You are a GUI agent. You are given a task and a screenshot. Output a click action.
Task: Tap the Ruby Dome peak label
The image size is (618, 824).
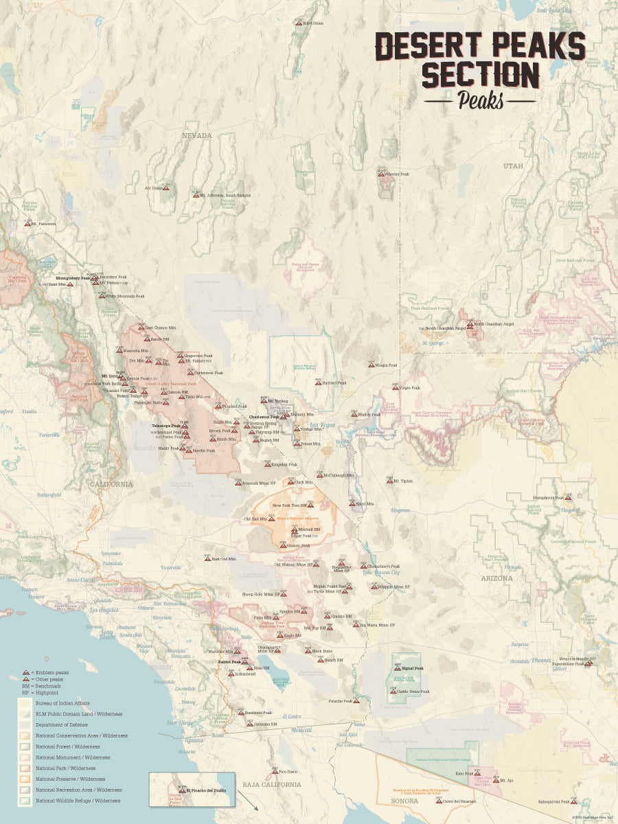coord(312,23)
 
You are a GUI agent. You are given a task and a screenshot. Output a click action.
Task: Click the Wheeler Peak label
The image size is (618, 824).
coord(397,174)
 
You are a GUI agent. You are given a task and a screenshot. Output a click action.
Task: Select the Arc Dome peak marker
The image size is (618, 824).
coord(165,187)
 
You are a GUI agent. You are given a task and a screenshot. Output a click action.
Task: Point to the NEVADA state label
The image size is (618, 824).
coord(196,136)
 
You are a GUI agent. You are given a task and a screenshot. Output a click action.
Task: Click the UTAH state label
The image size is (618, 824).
coord(512,166)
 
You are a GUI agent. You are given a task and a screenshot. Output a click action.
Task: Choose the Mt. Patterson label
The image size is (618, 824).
coord(43,224)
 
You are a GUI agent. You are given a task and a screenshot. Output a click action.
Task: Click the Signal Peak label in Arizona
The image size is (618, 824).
coord(413,668)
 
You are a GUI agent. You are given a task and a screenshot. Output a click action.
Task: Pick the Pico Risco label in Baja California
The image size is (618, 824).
coord(288,772)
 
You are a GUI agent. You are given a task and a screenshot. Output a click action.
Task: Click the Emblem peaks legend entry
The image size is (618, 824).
coord(49,672)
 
